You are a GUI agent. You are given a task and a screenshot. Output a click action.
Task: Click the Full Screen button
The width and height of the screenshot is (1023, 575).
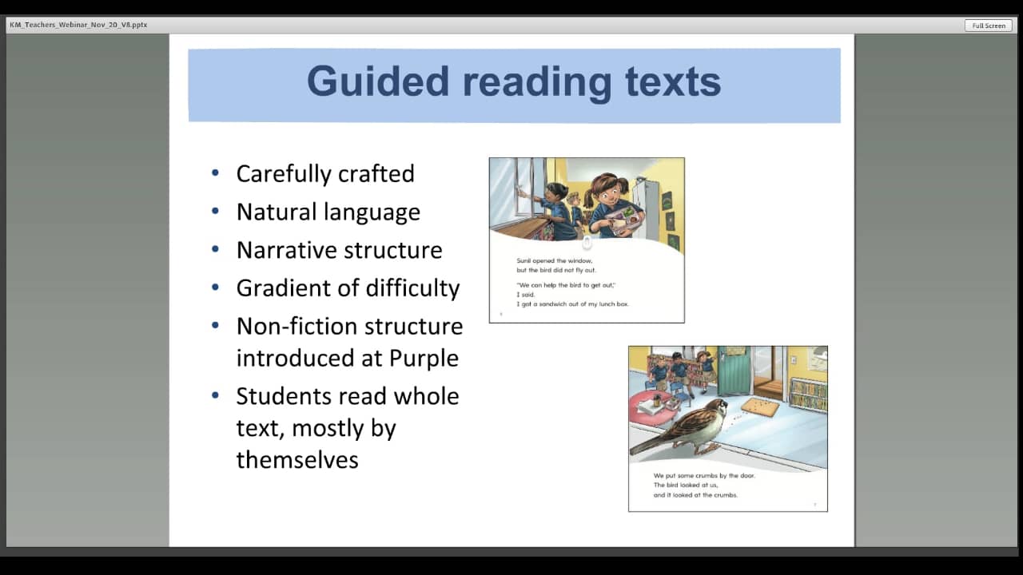pos(989,26)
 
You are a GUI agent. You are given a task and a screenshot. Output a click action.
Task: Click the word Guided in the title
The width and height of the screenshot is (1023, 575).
pos(377,82)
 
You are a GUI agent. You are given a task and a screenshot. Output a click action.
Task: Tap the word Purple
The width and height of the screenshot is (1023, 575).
pos(424,359)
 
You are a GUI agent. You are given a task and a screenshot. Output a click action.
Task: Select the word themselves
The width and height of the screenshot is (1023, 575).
pos(297,460)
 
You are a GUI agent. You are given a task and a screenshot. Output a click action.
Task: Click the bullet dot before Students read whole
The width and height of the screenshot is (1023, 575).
pos(215,395)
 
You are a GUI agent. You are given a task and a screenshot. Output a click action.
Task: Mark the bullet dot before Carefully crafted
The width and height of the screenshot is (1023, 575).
pos(215,173)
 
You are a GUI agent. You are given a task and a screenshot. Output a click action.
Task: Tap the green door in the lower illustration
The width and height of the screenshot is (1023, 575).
pos(734,371)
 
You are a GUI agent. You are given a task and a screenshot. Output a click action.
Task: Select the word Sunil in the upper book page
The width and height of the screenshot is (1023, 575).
pos(523,261)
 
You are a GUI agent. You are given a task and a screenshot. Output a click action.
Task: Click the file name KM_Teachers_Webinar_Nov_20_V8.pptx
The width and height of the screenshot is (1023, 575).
pos(78,25)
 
